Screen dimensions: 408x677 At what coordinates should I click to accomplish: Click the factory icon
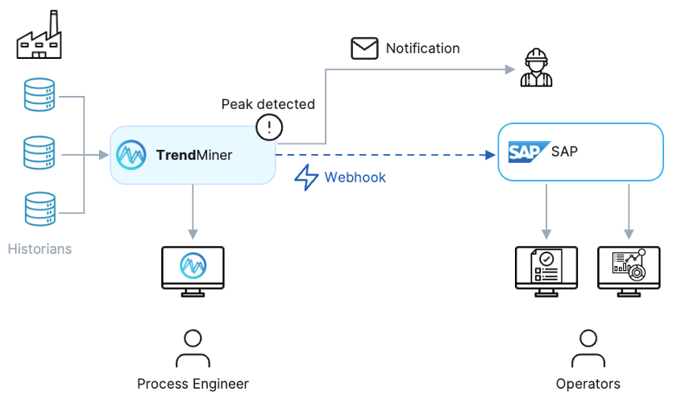[39, 38]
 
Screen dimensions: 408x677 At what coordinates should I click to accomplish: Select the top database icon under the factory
[39, 96]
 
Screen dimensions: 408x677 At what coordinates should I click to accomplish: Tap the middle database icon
[39, 153]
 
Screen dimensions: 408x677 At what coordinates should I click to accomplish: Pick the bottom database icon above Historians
[39, 209]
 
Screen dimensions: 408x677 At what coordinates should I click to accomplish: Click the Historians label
[39, 249]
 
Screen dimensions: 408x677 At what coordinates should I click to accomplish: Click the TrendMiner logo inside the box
[131, 155]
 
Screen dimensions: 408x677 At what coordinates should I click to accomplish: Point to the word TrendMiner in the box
[194, 155]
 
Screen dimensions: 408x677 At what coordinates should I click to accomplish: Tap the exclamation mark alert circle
[269, 127]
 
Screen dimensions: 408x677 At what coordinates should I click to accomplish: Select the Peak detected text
[268, 104]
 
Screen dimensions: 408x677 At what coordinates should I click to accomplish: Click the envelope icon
[364, 48]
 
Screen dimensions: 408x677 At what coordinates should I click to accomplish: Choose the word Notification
[422, 48]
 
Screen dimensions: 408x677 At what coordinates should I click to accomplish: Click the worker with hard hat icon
[536, 69]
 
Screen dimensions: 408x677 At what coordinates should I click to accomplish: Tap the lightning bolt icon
[307, 177]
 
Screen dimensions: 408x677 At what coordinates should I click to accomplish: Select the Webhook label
[355, 177]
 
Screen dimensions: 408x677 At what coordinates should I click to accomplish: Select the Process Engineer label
[193, 384]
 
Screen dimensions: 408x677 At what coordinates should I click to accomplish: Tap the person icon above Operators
[588, 348]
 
